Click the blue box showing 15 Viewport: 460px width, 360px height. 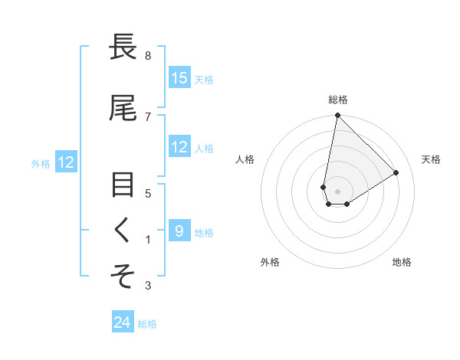point(179,78)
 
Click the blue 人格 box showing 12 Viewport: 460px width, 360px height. point(179,147)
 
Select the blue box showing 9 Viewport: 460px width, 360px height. point(179,231)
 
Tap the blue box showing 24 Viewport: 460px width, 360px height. point(123,323)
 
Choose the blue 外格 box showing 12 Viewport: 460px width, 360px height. point(65,162)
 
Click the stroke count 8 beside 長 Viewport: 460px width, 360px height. point(148,56)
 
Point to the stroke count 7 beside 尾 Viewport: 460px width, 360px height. point(148,116)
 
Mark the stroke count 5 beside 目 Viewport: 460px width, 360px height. point(148,193)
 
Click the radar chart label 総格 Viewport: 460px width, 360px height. point(338,100)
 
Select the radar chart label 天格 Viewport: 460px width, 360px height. point(431,159)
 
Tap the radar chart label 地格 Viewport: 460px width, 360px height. point(402,262)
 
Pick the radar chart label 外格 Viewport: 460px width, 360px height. point(270,262)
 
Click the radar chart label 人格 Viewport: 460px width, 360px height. point(245,159)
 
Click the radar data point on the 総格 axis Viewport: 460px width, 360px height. point(337,116)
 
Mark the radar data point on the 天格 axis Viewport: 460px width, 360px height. point(396,172)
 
